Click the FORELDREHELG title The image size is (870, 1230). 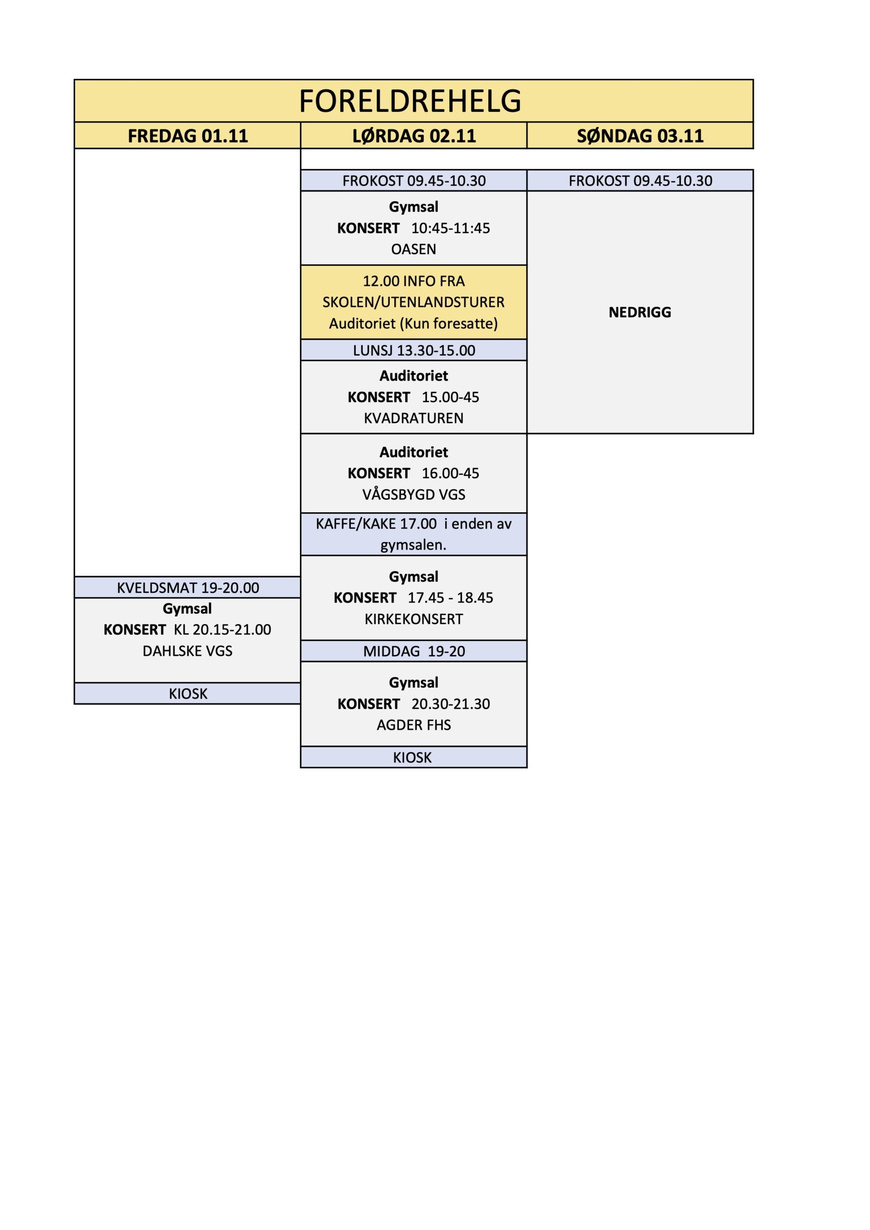[410, 101]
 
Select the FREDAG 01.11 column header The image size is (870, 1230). [187, 136]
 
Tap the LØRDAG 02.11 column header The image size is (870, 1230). [414, 136]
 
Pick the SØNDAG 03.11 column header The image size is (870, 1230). [640, 136]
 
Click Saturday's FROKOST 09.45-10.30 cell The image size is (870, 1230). [414, 181]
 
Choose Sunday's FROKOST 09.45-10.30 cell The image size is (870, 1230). [640, 181]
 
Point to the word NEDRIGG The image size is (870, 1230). [639, 312]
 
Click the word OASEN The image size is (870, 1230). [413, 249]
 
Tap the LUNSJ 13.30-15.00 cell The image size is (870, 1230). [414, 350]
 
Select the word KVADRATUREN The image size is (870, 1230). [413, 418]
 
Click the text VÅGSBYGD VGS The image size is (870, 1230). [413, 494]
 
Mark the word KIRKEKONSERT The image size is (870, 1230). [413, 619]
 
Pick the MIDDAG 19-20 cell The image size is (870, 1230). [414, 652]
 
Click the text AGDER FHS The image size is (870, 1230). [413, 726]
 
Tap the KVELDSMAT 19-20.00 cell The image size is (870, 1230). [187, 588]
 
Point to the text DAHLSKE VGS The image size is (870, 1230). [187, 652]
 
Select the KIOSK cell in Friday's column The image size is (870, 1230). [187, 694]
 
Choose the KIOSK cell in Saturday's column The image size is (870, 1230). [412, 758]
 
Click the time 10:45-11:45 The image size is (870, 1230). [450, 228]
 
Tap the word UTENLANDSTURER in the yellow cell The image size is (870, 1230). [442, 302]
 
